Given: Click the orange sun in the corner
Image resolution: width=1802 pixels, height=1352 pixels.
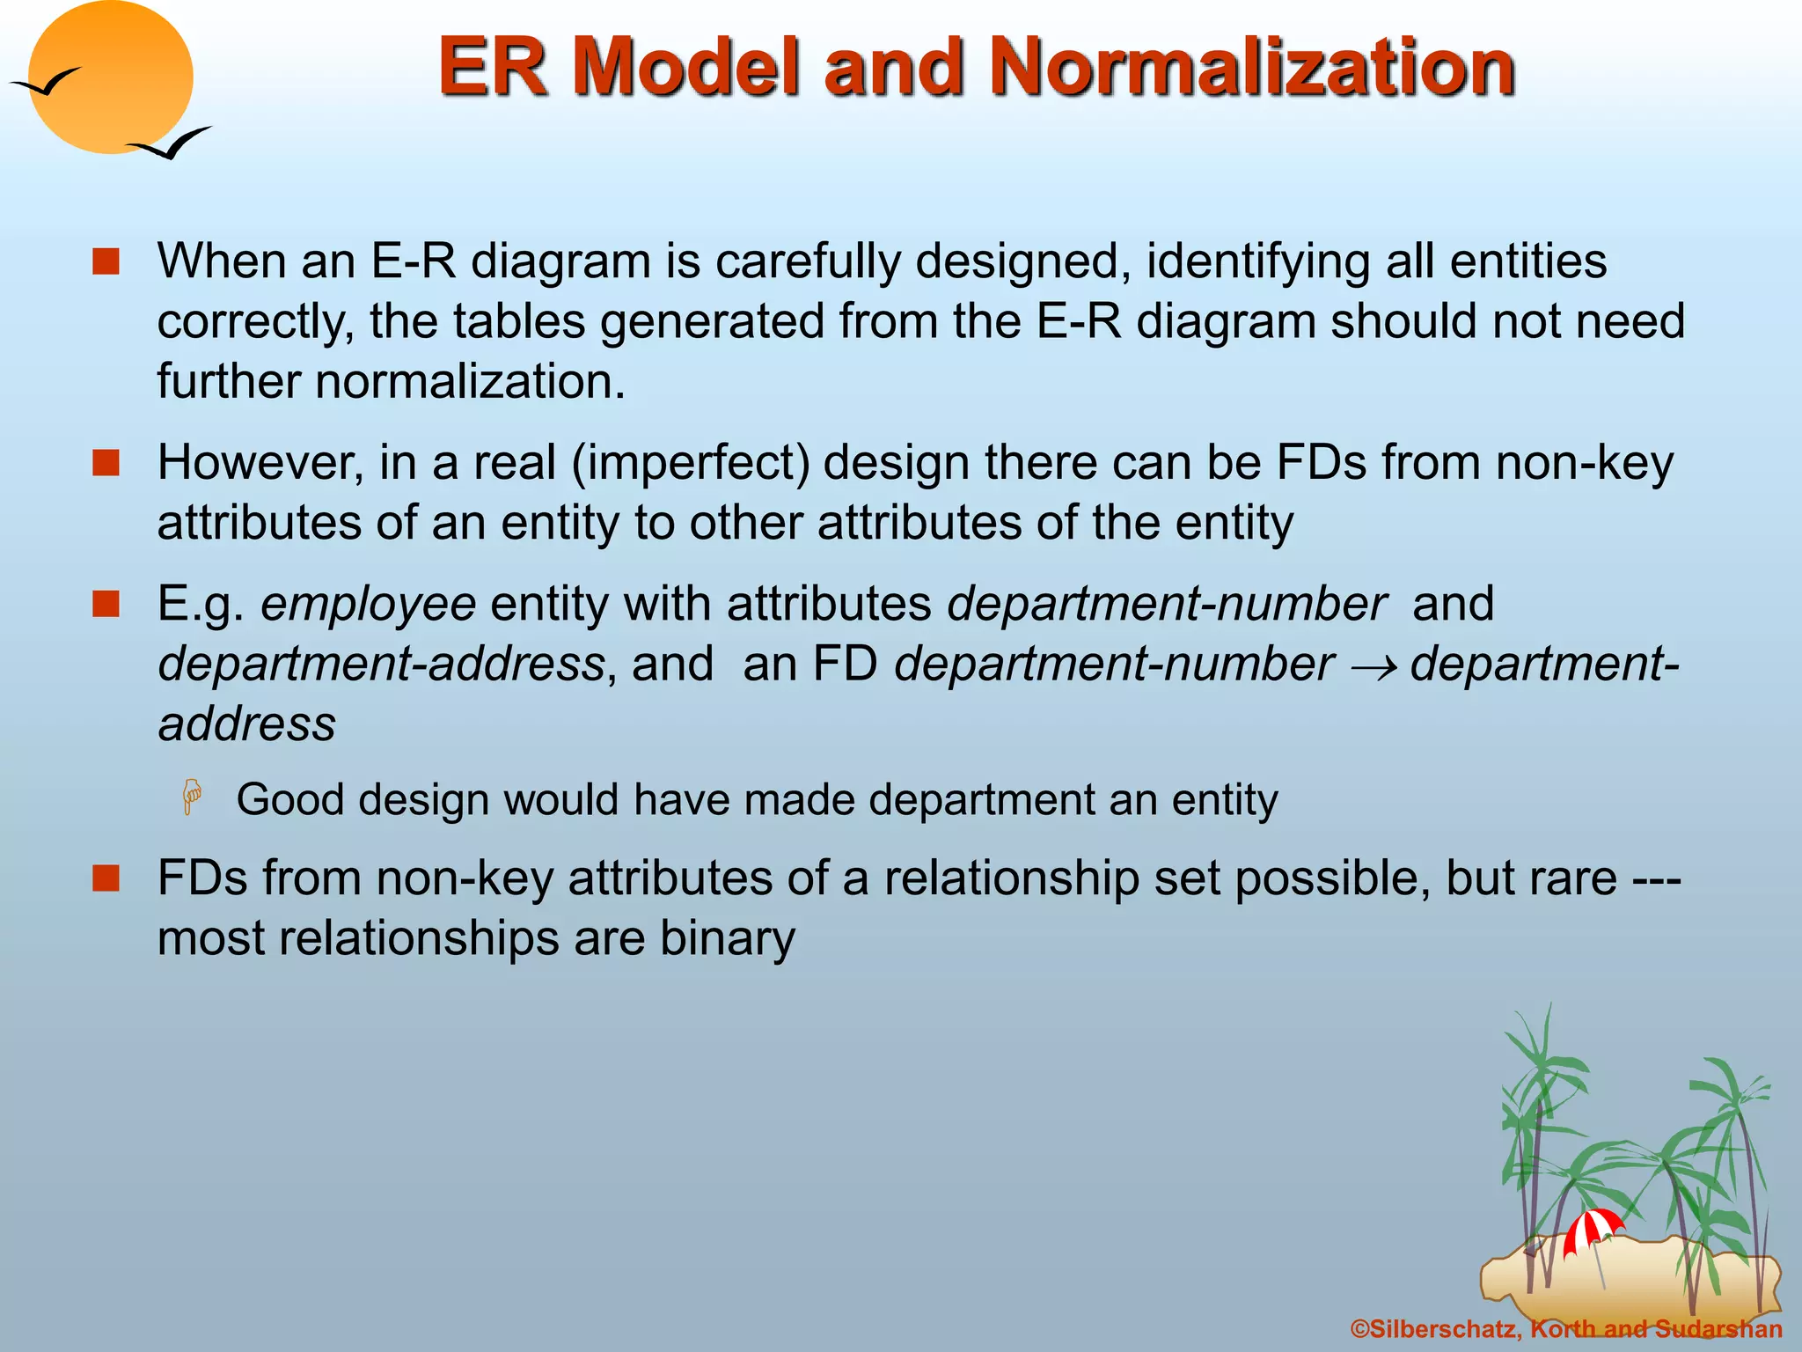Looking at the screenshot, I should tap(111, 77).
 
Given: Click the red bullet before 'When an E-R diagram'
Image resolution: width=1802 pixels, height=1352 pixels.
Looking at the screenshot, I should tap(106, 261).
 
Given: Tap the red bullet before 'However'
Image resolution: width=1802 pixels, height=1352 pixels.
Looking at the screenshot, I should tap(106, 463).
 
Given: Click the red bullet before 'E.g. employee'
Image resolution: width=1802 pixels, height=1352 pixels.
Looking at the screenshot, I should tap(106, 604).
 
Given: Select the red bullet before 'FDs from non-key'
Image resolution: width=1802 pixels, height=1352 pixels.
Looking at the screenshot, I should tap(106, 878).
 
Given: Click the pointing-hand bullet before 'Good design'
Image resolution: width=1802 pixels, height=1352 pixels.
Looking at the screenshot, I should tap(192, 797).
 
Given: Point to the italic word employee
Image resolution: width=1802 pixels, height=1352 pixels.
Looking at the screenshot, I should tap(368, 606).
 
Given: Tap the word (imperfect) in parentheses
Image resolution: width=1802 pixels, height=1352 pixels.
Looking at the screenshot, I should tap(691, 463).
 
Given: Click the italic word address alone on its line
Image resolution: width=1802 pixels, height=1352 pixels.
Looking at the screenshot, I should tap(246, 724).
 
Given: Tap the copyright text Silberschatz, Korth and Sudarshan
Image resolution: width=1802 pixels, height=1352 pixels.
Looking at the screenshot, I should tap(1566, 1329).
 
